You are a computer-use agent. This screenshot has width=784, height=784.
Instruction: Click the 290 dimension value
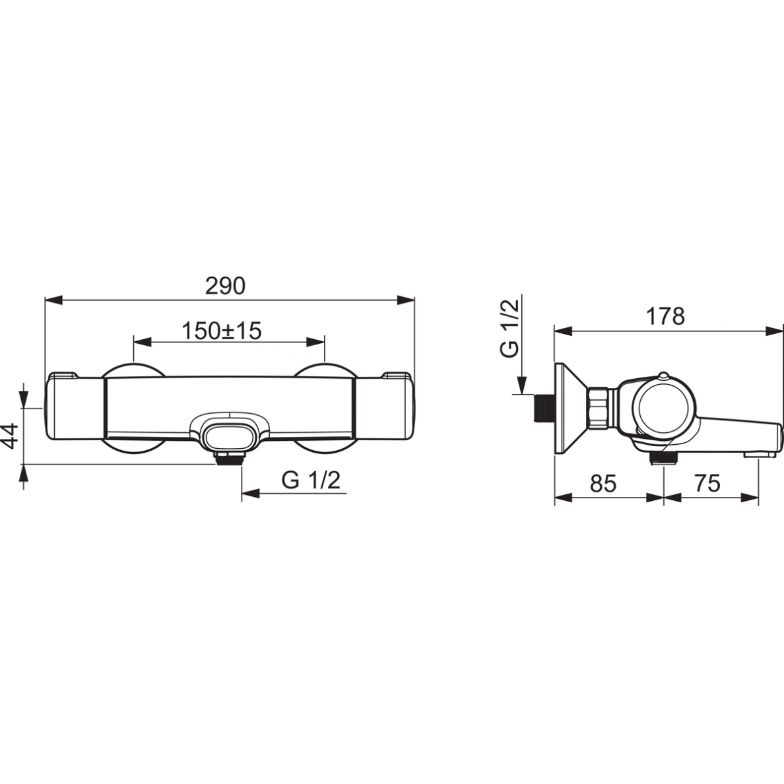(226, 286)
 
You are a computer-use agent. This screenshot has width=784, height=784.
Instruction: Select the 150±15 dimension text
(222, 331)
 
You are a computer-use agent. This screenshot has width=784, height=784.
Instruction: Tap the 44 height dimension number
(11, 436)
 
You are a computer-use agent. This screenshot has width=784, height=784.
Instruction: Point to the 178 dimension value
(665, 316)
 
